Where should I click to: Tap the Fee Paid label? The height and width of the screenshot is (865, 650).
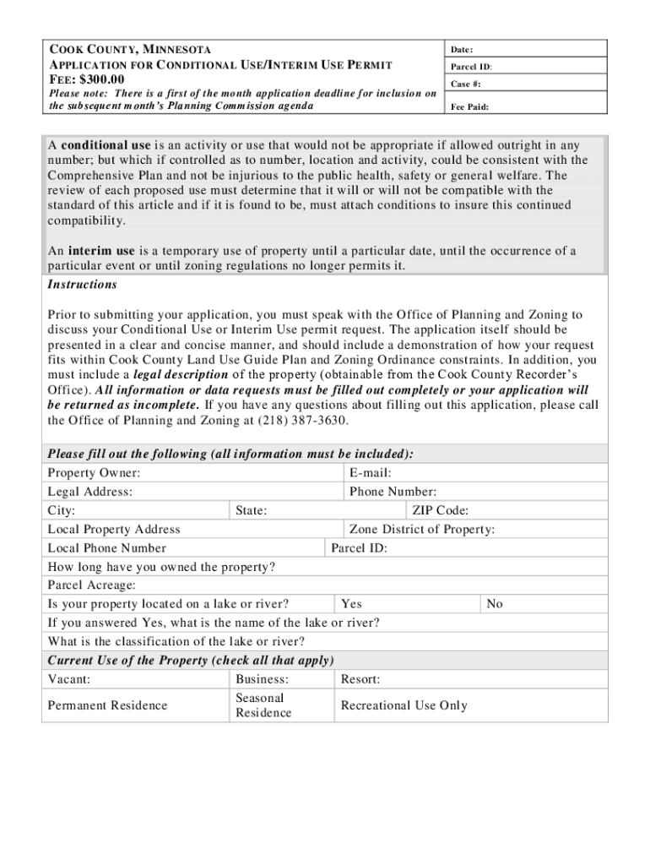tap(469, 107)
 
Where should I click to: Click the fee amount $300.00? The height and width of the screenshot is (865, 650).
tap(87, 79)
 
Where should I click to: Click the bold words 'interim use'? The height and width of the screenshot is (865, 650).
tap(101, 251)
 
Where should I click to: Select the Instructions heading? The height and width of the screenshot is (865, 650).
tap(82, 285)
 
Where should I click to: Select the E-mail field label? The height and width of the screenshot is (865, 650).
tap(370, 473)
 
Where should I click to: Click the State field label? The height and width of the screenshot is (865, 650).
tap(252, 510)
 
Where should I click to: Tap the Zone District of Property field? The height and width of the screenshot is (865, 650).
tap(422, 530)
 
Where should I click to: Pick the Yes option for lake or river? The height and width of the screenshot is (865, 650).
tap(351, 604)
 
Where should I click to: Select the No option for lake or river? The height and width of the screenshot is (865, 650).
tap(495, 604)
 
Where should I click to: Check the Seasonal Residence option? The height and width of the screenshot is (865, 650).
tap(263, 705)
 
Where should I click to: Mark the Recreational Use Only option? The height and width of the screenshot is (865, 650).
tap(404, 705)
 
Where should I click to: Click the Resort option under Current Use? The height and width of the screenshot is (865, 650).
tap(360, 679)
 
